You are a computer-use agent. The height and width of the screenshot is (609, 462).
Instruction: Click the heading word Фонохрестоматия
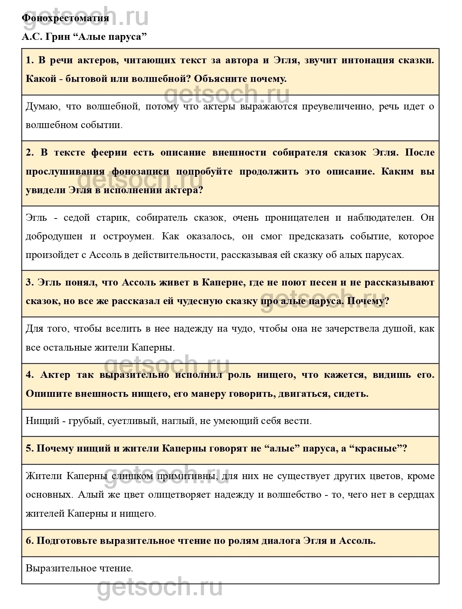[x=65, y=18]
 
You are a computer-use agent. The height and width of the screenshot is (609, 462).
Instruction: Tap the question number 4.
[x=29, y=375]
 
